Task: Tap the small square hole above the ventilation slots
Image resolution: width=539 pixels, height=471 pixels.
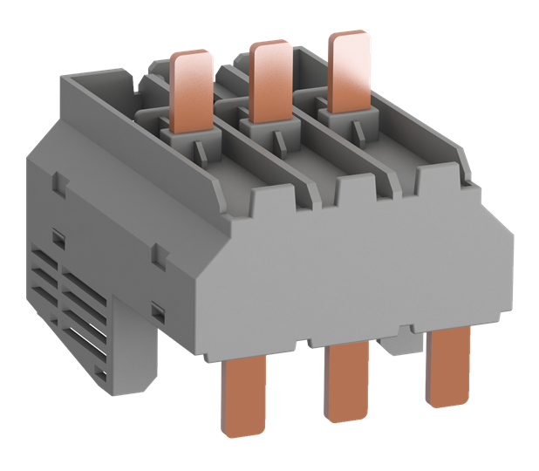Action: coord(58,237)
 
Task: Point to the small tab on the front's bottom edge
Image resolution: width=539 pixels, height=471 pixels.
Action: coord(403,330)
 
